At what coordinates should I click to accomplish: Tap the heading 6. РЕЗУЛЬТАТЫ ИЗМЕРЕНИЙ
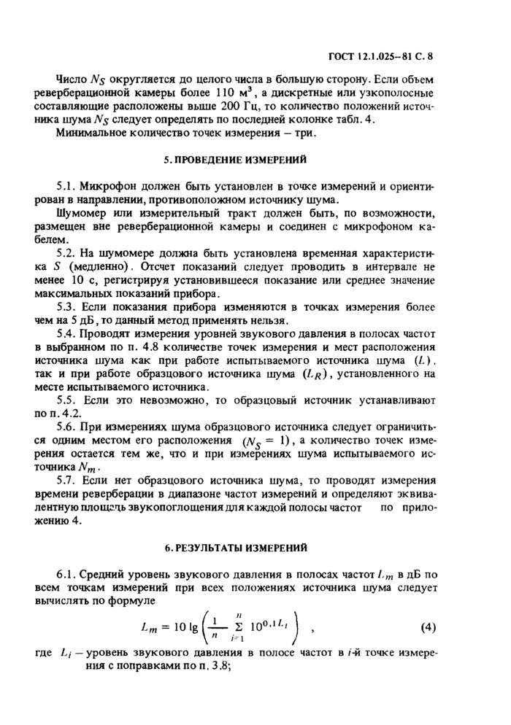255,546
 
